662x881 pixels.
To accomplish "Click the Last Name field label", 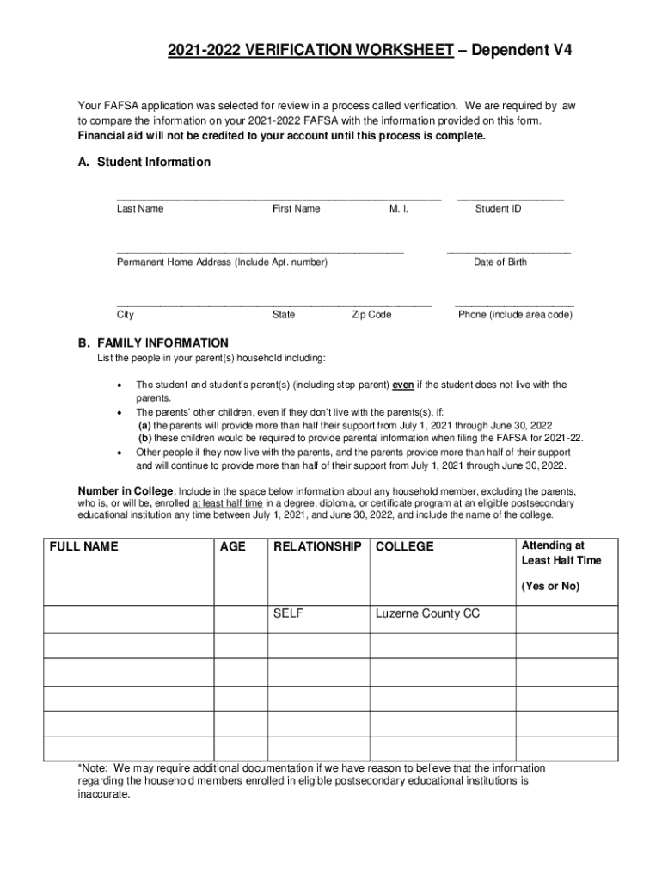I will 140,209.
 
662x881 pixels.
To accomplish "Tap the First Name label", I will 296,209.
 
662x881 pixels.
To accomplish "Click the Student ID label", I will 498,209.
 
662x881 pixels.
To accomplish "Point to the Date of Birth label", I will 500,262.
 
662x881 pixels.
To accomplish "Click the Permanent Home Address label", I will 222,262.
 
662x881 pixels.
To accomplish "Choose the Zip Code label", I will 371,315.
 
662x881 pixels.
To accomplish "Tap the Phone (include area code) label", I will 515,315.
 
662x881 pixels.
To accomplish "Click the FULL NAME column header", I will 84,547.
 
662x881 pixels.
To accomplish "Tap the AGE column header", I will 233,547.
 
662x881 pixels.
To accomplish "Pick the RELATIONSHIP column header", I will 316,547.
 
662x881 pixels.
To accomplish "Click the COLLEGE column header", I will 405,547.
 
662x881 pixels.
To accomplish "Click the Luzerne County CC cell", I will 427,614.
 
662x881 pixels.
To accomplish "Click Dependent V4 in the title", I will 521,52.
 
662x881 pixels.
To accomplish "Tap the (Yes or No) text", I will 550,587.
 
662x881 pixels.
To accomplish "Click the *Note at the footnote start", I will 94,768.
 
